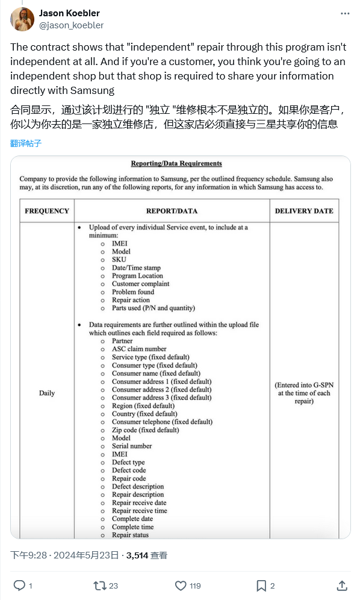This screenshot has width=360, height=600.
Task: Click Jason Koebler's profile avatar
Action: pos(22,19)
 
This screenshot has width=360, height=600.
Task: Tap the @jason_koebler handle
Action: pos(71,25)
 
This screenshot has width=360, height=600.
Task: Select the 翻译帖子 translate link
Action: pos(26,143)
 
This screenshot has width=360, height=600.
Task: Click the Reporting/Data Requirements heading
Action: pos(176,163)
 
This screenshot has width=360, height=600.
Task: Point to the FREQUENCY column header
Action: pos(47,211)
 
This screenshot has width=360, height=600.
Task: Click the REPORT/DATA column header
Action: pos(172,211)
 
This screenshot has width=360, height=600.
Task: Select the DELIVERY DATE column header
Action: pos(304,211)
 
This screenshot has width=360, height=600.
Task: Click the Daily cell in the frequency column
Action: pos(47,393)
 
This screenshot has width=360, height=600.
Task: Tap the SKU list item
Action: pos(119,260)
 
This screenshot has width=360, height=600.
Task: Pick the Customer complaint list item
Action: pos(140,284)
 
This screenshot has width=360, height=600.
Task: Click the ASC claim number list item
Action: pos(139,349)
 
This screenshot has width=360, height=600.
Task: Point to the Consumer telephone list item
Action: pos(162,422)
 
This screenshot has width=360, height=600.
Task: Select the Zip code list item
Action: pos(145,430)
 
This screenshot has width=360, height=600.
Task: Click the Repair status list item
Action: pos(130,535)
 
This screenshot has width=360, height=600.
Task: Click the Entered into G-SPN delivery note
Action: pos(304,393)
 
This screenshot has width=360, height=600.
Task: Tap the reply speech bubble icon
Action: pos(19,585)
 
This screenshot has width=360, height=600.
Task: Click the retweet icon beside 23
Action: pos(100,585)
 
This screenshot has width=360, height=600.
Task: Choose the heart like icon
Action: pos(181,585)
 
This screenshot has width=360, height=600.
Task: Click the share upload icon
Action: pos(341,585)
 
